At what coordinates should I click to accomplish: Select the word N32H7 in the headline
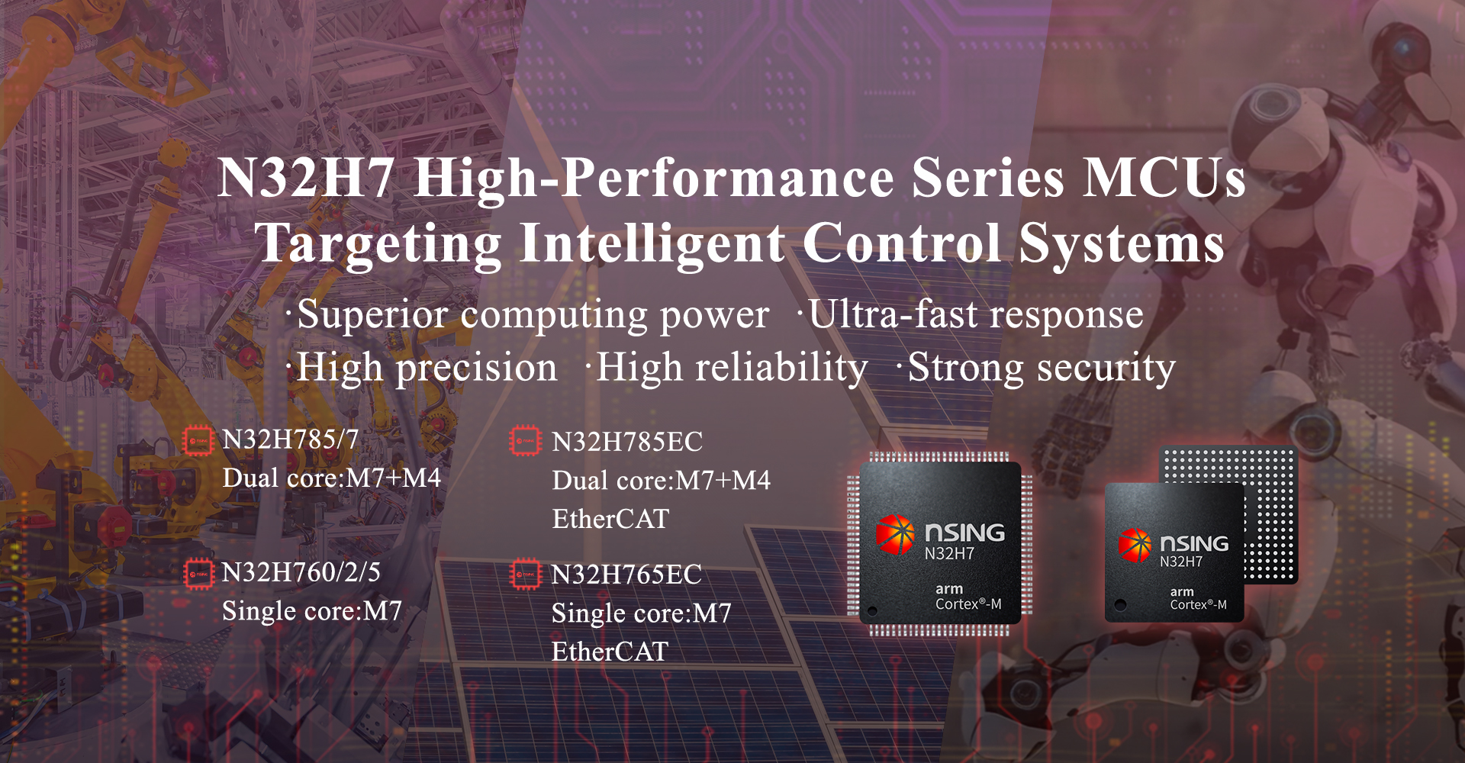pos(306,179)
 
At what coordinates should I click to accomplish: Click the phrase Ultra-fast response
pos(976,314)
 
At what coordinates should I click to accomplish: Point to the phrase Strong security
pos(1042,369)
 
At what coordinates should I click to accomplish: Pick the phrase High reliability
pos(732,368)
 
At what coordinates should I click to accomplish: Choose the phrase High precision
pos(427,369)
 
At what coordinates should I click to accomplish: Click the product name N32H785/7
pos(290,439)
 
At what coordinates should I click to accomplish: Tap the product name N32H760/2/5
pos(301,572)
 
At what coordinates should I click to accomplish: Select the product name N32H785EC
pos(627,442)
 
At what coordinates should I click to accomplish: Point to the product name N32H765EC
pos(626,575)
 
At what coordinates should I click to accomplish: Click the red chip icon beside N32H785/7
pos(198,441)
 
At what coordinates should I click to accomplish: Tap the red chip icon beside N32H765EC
pos(525,575)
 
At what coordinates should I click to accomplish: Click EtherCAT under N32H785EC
pos(610,520)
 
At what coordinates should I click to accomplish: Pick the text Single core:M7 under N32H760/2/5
pos(312,611)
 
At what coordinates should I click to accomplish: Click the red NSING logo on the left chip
pos(895,533)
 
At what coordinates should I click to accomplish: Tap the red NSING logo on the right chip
pos(1135,545)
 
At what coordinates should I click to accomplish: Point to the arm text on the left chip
pos(949,589)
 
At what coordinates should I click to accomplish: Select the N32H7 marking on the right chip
pos(1181,562)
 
